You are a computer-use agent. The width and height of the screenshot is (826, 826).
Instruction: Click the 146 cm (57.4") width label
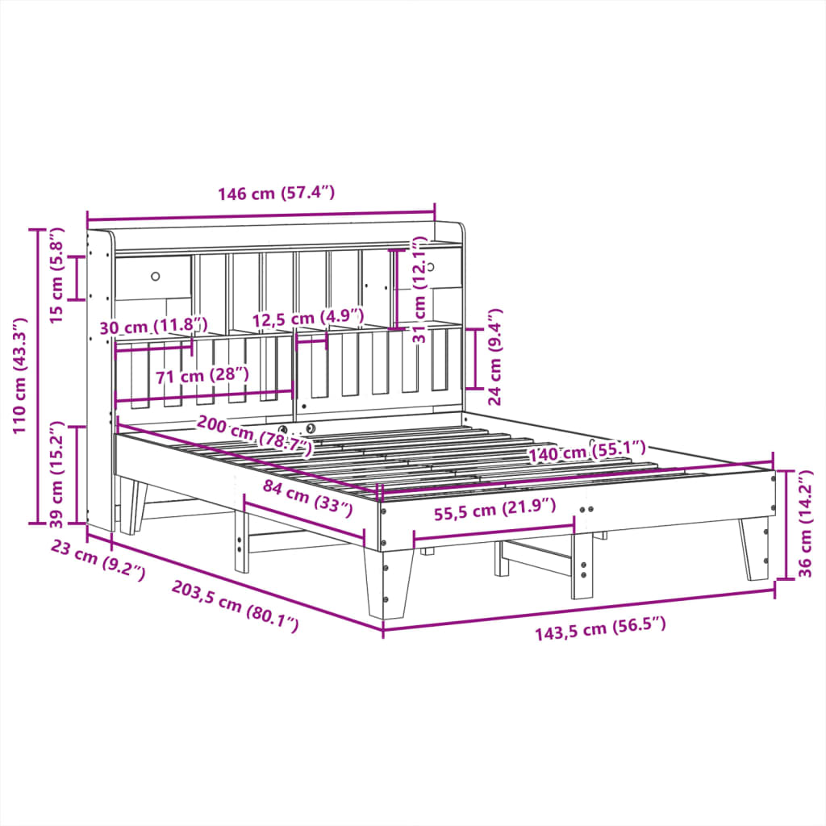click(x=275, y=194)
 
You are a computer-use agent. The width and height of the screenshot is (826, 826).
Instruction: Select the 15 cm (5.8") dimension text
click(x=56, y=277)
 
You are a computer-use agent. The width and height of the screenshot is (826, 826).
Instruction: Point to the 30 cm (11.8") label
click(x=153, y=327)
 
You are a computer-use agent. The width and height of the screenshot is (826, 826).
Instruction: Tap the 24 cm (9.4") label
click(x=495, y=356)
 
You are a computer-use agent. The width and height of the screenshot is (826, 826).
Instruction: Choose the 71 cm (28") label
click(x=190, y=375)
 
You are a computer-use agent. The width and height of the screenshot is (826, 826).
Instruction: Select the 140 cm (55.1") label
click(x=587, y=453)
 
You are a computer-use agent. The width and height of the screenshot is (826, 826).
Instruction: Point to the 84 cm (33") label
click(x=309, y=496)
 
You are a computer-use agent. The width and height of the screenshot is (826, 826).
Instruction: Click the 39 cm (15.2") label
click(x=57, y=472)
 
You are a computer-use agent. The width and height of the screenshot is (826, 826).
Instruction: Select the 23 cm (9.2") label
click(x=98, y=561)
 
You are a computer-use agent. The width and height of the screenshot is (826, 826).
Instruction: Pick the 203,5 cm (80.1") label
click(x=235, y=606)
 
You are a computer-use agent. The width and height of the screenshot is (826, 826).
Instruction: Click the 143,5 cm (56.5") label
click(x=600, y=628)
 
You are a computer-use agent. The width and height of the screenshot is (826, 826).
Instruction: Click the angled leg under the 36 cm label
click(x=755, y=549)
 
